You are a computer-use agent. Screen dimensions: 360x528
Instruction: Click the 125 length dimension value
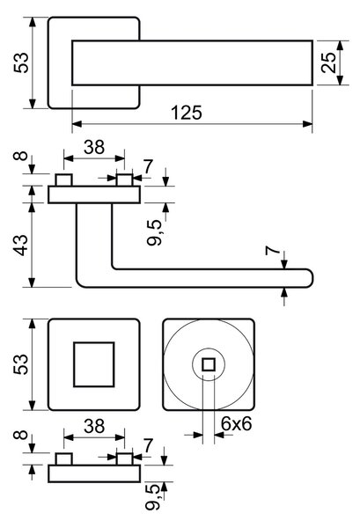pos(187,113)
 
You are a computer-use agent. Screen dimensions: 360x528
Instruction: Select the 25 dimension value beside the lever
pos(329,62)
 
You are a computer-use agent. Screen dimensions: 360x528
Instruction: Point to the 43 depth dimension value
pos(21,245)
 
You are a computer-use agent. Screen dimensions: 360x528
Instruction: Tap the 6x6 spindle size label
pos(237,423)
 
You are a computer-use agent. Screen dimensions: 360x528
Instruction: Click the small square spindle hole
pos(209,364)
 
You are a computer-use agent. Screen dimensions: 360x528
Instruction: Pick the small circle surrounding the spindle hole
pos(209,348)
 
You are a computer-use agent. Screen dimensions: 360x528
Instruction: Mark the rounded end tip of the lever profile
pos(312,278)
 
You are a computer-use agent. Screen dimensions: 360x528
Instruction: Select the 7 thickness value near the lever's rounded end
pos(273,251)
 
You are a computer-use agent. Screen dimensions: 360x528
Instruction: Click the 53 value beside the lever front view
pos(21,62)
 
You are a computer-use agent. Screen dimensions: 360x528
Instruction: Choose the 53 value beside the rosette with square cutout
pos(21,364)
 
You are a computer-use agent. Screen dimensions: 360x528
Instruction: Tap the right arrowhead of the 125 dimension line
pos(308,124)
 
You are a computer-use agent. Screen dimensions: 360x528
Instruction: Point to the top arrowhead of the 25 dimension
pos(340,46)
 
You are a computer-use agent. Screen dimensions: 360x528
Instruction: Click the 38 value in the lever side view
pos(94,147)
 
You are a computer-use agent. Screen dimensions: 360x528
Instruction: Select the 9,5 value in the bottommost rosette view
pos(152,498)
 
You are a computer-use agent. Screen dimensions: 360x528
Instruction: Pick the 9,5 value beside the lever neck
pos(154,233)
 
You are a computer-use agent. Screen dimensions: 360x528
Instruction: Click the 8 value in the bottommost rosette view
pos(21,435)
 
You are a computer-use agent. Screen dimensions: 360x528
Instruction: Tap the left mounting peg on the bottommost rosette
pos(64,459)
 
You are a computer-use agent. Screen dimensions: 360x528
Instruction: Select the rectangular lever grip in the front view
pos(192,62)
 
